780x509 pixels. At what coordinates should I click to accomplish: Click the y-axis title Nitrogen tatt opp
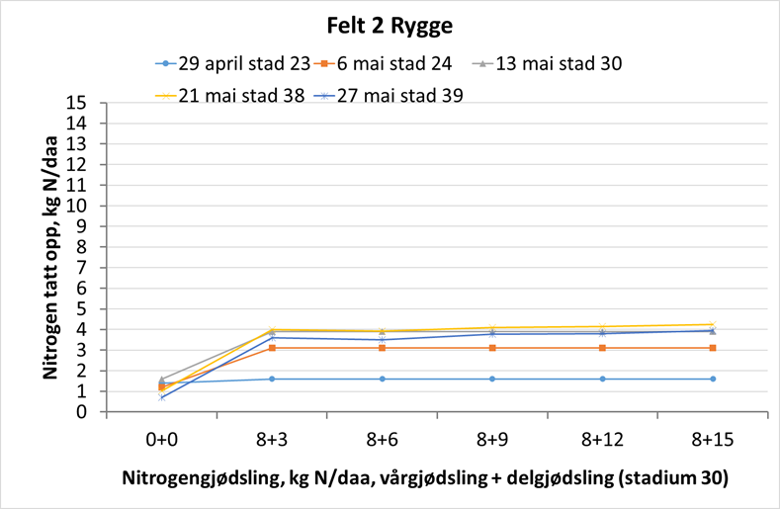tap(50, 257)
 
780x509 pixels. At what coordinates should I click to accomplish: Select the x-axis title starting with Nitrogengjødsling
tap(425, 478)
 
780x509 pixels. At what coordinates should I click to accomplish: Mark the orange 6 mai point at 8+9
tap(491, 348)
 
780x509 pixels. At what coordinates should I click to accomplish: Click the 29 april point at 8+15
tap(712, 379)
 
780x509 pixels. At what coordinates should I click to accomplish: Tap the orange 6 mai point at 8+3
tap(272, 348)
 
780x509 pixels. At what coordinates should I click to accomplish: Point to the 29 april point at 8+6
tap(382, 379)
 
